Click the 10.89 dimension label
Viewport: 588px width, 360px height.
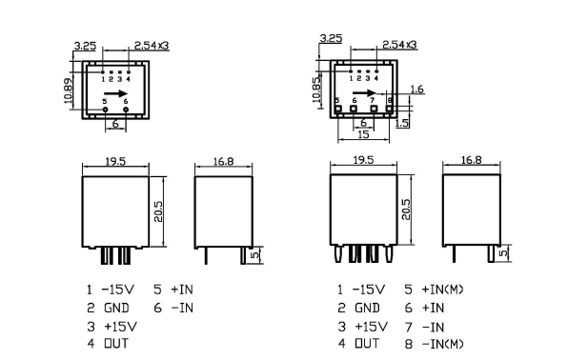[x=69, y=90]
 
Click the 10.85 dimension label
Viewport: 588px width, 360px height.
[x=316, y=89]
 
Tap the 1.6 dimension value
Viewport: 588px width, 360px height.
[x=417, y=90]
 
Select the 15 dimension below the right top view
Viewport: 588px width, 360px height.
[x=363, y=134]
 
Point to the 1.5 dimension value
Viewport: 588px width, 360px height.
[x=401, y=123]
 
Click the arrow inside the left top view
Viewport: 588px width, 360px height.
[x=116, y=93]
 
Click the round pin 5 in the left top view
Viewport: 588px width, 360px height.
[x=106, y=110]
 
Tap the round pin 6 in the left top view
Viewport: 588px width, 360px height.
[x=126, y=110]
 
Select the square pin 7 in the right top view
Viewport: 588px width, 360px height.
[x=374, y=109]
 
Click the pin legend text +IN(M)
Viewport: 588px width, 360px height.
[x=442, y=290]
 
